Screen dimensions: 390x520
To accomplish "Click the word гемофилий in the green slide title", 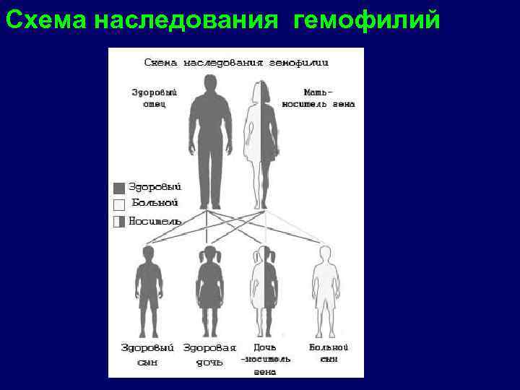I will (x=366, y=22).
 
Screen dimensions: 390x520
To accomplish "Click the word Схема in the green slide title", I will (x=45, y=22).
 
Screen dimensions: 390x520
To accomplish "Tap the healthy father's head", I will (x=210, y=84).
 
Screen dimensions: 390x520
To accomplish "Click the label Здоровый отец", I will (x=154, y=98).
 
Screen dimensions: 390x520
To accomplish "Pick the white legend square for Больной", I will (x=119, y=204).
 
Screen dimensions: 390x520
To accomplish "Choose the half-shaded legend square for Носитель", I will (x=119, y=221).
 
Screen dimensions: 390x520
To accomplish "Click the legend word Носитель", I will (x=155, y=220).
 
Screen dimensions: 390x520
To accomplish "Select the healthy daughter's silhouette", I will (x=209, y=285).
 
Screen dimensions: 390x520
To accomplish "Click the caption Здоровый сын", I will (x=147, y=353).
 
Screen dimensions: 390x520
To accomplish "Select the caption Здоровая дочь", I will (x=209, y=353).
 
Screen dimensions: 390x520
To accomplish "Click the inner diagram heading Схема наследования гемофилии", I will (x=236, y=63).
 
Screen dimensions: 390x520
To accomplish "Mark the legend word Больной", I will (x=155, y=204).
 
